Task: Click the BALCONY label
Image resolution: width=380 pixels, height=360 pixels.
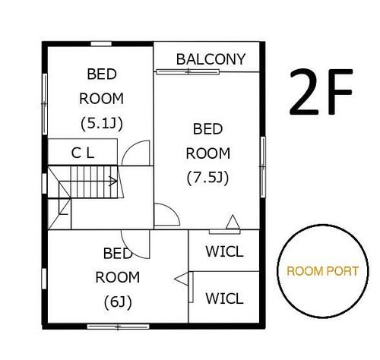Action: coord(211,59)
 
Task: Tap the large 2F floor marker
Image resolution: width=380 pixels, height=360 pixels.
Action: coord(321,92)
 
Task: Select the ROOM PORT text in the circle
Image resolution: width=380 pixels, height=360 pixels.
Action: coord(323,271)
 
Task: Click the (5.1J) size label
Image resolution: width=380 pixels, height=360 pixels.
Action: coord(102,124)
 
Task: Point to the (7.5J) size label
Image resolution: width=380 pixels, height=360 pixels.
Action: coord(207,178)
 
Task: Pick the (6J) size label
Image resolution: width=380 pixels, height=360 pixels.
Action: coord(118,302)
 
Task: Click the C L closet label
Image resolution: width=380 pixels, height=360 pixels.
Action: coord(83,153)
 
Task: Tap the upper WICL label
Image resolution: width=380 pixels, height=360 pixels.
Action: coord(224,251)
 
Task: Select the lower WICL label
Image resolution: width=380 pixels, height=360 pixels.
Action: coord(224,298)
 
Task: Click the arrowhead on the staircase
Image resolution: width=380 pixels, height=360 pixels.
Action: coord(113,181)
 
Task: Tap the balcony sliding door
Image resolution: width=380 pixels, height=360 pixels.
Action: coord(188,72)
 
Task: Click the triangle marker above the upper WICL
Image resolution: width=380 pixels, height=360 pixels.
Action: coord(233,222)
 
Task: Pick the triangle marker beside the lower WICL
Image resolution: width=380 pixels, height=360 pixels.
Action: coord(182,279)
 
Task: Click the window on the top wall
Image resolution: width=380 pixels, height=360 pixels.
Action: coord(101,44)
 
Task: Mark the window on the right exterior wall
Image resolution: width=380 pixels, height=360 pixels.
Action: coord(263,167)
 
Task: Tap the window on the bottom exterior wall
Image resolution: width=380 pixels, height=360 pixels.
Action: coord(118,327)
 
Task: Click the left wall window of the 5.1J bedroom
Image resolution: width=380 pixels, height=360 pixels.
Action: coord(45,104)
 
